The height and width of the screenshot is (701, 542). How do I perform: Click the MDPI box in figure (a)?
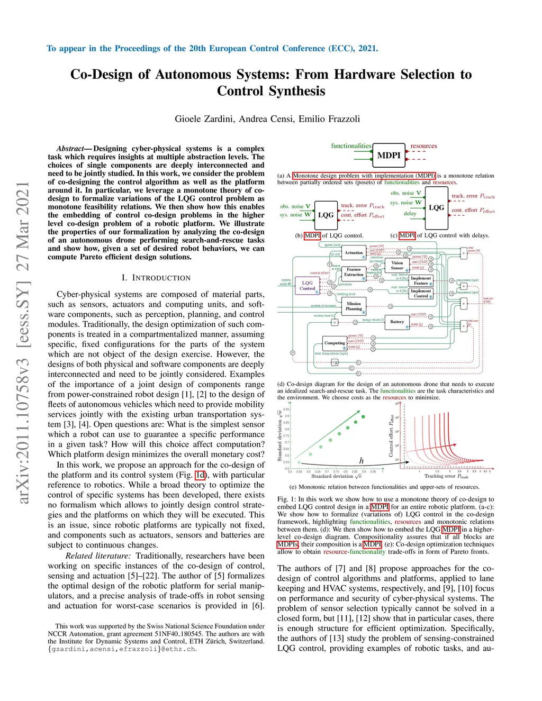pos(389,155)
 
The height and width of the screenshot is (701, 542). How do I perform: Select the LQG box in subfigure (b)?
pos(326,215)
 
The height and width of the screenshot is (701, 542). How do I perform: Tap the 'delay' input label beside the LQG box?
pos(410,214)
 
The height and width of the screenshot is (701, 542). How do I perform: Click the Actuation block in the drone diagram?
pos(354,253)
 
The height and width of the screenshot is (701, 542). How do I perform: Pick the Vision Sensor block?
pos(397,265)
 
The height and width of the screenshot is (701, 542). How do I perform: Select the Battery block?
pos(397,322)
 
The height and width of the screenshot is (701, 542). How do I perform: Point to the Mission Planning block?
pos(354,306)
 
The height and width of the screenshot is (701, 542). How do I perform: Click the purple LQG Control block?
pos(307,286)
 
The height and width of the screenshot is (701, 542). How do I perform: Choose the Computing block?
pos(335,343)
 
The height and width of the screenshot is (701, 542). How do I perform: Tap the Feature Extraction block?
pos(354,272)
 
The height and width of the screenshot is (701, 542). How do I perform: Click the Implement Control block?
pos(421,293)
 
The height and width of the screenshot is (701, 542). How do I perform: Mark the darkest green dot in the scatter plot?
pos(363,417)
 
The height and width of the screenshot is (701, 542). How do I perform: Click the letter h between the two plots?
pos(362,461)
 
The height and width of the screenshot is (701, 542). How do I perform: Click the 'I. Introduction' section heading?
pos(156,278)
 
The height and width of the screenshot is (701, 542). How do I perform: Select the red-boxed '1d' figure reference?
pos(200,475)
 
